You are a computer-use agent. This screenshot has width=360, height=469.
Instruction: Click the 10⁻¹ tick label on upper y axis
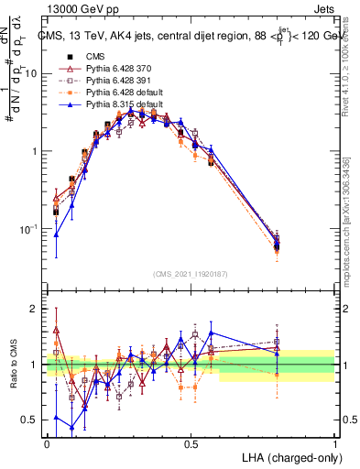(30, 228)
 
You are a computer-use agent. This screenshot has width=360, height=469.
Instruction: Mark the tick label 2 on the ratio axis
(37, 310)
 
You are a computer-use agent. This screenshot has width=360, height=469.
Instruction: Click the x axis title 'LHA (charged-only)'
(289, 457)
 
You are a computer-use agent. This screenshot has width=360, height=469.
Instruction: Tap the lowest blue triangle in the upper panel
(57, 234)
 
